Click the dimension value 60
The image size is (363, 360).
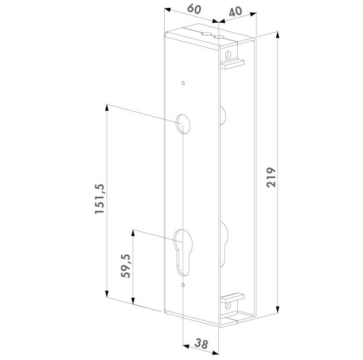pyautogui.click(x=194, y=9)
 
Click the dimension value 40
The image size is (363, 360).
pyautogui.click(x=235, y=12)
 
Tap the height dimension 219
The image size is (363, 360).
pyautogui.click(x=271, y=177)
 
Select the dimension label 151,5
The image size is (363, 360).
pyautogui.click(x=99, y=199)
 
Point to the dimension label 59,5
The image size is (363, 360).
pyautogui.click(x=126, y=266)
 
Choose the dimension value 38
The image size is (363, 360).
pyautogui.click(x=201, y=344)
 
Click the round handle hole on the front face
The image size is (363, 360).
pyautogui.click(x=183, y=124)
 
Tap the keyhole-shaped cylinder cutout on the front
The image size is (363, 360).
pyautogui.click(x=183, y=252)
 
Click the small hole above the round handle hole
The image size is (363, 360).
pyautogui.click(x=183, y=83)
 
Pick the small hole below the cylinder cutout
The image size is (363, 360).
pyautogui.click(x=183, y=285)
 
